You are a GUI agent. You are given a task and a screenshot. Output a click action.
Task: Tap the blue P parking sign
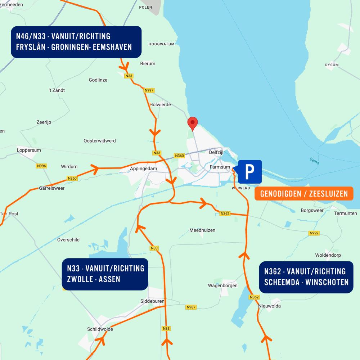pyautogui.click(x=250, y=172)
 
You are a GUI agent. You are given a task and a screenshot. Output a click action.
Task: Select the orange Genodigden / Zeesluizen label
pyautogui.click(x=304, y=194)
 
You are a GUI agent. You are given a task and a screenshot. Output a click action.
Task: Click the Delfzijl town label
pyautogui.click(x=216, y=152)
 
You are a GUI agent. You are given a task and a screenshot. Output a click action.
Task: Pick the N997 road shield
pyautogui.click(x=149, y=90)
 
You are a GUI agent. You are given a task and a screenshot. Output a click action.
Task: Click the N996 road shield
pyautogui.click(x=42, y=166)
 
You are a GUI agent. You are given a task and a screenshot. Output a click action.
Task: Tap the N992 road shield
pyautogui.click(x=314, y=233)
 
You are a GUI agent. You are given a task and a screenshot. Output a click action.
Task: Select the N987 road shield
pyautogui.click(x=191, y=307)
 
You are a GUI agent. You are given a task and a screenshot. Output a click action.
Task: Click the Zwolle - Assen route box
pyautogui.click(x=105, y=274)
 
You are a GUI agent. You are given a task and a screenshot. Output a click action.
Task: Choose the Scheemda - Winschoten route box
pyautogui.click(x=306, y=277)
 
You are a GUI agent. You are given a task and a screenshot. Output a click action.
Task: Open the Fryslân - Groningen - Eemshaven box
pyautogui.click(x=76, y=42)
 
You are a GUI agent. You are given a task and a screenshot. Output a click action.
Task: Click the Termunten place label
pyautogui.click(x=345, y=213)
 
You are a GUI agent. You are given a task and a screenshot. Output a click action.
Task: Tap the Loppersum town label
pyautogui.click(x=29, y=150)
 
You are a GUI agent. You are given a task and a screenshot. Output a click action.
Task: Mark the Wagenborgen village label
pyautogui.click(x=223, y=285)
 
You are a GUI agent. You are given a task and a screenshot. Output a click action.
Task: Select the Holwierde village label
pyautogui.click(x=160, y=105)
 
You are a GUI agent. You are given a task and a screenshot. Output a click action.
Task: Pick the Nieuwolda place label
pyautogui.click(x=269, y=306)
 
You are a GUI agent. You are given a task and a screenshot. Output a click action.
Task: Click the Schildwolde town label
pyautogui.click(x=100, y=329)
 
